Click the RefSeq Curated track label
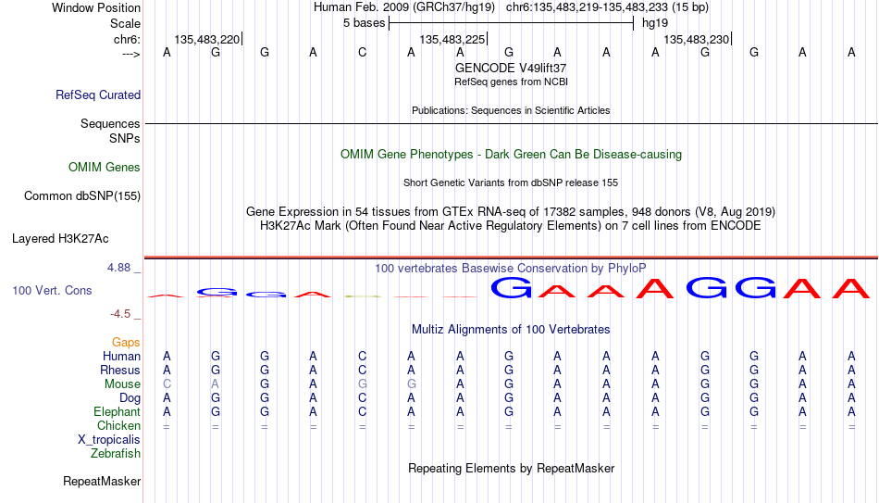click(98, 94)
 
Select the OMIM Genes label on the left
click(105, 168)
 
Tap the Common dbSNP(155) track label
click(82, 196)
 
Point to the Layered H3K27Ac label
click(60, 239)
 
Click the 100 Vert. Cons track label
click(52, 290)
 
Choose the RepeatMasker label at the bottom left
click(102, 481)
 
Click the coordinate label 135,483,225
click(452, 39)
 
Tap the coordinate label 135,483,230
click(696, 39)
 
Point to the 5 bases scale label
click(365, 23)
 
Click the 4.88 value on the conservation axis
click(119, 268)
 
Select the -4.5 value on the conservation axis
click(120, 314)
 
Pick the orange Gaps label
click(126, 343)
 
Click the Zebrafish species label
click(116, 454)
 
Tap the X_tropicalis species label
click(109, 440)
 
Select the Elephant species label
click(118, 412)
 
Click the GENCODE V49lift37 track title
click(511, 68)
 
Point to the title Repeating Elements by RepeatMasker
click(512, 468)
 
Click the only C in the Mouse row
click(167, 384)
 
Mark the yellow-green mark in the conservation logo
click(363, 296)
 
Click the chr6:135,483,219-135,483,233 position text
click(588, 7)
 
